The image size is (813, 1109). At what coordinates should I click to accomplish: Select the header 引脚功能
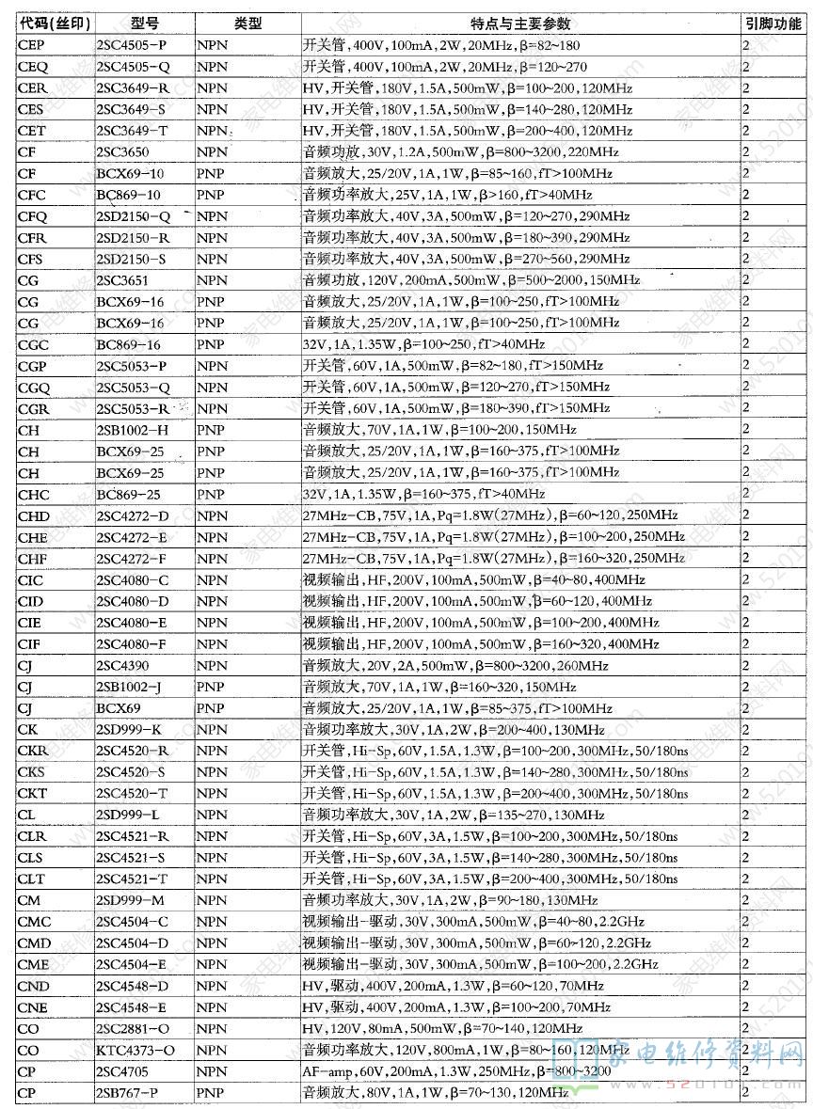pyautogui.click(x=773, y=24)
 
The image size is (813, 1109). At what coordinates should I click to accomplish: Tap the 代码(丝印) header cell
pyautogui.click(x=54, y=24)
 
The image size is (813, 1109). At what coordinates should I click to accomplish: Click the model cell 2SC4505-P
pyautogui.click(x=132, y=45)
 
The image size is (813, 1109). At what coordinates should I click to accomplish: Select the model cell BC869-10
pyautogui.click(x=129, y=195)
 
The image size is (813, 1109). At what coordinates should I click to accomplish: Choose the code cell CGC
pyautogui.click(x=33, y=345)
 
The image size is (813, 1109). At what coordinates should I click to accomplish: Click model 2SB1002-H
pyautogui.click(x=133, y=430)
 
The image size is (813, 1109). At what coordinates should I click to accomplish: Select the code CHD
pyautogui.click(x=34, y=515)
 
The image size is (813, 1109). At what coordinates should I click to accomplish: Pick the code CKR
pyautogui.click(x=33, y=751)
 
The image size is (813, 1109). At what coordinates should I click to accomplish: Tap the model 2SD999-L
pyautogui.click(x=128, y=815)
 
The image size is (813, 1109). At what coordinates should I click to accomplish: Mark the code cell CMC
pyautogui.click(x=34, y=922)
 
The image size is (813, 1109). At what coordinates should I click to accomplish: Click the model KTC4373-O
pyautogui.click(x=134, y=1050)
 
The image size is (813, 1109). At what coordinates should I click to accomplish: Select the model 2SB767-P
pyautogui.click(x=127, y=1092)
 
